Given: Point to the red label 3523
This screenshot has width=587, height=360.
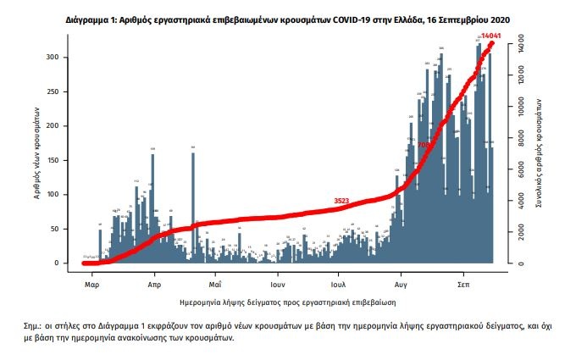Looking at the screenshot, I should pyautogui.click(x=341, y=200).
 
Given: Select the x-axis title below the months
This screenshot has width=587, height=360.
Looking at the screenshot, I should pyautogui.click(x=287, y=302).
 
